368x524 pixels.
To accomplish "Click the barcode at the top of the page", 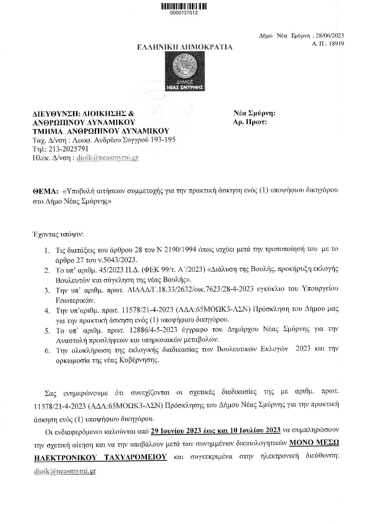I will point(184,6).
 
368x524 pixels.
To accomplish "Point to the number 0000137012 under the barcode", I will point(184,13).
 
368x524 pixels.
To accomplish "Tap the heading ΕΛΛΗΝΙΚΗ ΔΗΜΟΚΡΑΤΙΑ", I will point(184,47).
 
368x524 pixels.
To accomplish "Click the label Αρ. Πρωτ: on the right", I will point(250,122).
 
